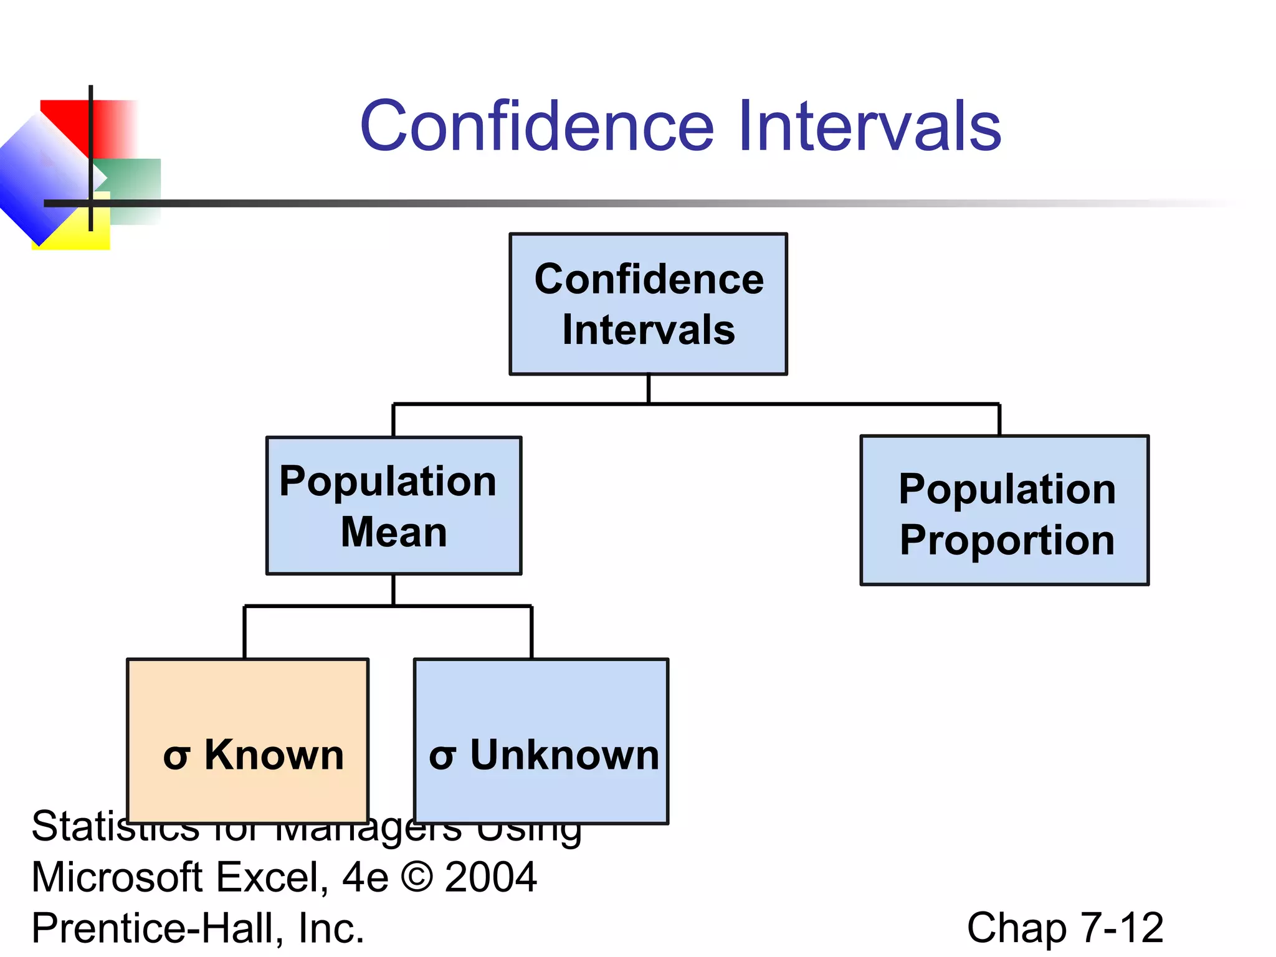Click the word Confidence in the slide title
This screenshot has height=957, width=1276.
[x=536, y=126]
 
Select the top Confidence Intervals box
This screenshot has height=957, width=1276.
[x=648, y=304]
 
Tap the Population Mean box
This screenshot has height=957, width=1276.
[x=394, y=505]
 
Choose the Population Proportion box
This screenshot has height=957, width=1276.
[x=1004, y=510]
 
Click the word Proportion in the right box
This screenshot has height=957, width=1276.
[x=1007, y=540]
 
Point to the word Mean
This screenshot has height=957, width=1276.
[x=394, y=532]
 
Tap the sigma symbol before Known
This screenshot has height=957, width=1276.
[x=176, y=757]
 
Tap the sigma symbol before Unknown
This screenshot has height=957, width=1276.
[x=442, y=757]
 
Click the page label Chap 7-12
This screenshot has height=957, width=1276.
[x=1065, y=928]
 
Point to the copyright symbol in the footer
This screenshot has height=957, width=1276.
[x=417, y=877]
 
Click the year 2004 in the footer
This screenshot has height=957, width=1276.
[x=490, y=877]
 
